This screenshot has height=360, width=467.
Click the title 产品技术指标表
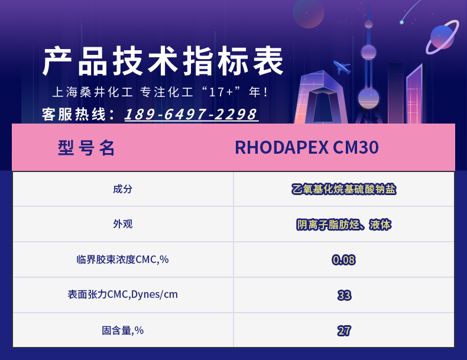tap(163, 61)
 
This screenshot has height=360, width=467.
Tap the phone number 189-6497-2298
tap(191, 114)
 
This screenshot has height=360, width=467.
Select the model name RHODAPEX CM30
tap(307, 147)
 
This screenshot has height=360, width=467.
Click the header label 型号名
tap(86, 148)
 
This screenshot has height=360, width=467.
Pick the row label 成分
tap(122, 189)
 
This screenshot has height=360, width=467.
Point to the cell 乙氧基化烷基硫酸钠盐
tap(343, 189)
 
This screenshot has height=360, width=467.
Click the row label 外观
tap(122, 224)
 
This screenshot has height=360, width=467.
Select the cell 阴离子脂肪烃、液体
tap(343, 225)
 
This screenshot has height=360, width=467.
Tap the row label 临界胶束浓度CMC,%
tap(122, 260)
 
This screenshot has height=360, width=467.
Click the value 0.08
tap(343, 260)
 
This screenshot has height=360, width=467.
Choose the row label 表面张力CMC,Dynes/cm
tap(122, 294)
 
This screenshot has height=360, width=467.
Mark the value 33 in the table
tap(344, 296)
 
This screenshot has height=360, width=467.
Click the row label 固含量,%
tap(122, 330)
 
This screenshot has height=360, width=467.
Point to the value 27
tap(344, 331)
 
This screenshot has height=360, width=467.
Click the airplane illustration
tap(342, 67)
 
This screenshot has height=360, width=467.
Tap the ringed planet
tap(442, 37)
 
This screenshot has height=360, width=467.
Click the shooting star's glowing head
tap(402, 22)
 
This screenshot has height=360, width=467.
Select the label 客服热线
tap(74, 115)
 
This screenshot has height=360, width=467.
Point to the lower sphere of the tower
tap(368, 98)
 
